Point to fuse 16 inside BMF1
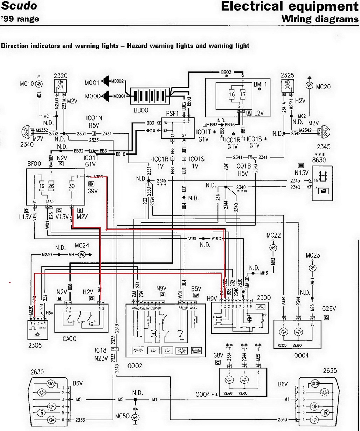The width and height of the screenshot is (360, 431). (x=231, y=94)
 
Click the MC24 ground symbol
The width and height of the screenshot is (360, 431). (x=83, y=254)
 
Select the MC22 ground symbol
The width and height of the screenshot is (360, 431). (x=274, y=248)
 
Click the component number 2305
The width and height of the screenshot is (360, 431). (x=35, y=345)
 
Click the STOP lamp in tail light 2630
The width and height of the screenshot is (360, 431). (x=52, y=383)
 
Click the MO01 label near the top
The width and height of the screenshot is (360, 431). (x=92, y=84)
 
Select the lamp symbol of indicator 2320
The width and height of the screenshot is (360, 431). (x=60, y=87)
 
